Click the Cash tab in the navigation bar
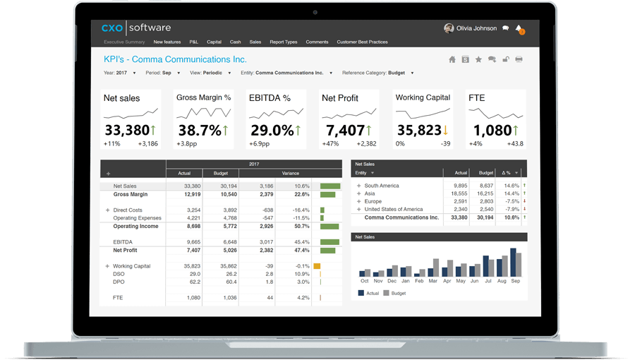[235, 42]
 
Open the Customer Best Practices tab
[362, 42]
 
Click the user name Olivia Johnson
[477, 28]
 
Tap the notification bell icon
[519, 29]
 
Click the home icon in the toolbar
[452, 60]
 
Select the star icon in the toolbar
[478, 60]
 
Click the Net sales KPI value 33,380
[127, 130]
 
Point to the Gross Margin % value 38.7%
[199, 130]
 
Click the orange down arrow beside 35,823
[446, 131]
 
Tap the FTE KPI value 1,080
[492, 130]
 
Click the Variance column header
[290, 173]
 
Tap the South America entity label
[382, 186]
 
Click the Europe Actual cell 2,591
[460, 201]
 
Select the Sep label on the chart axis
[516, 281]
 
